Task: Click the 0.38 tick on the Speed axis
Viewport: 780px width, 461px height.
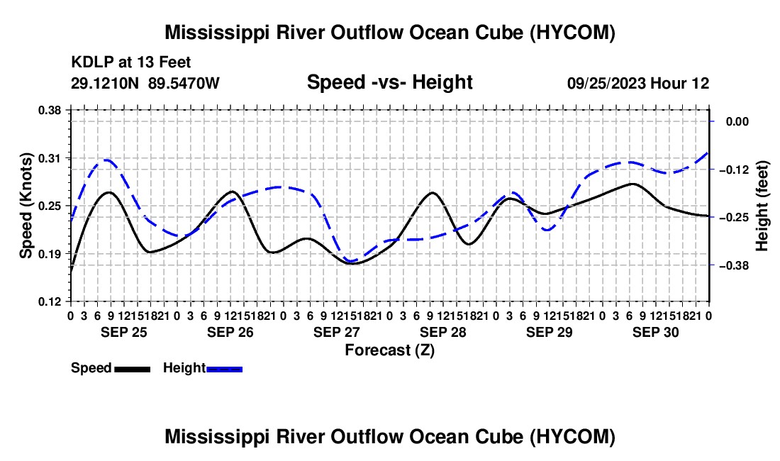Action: click(x=49, y=110)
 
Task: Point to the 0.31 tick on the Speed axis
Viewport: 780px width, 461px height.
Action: click(x=49, y=158)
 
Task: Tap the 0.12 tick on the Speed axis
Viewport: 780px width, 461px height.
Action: click(x=49, y=301)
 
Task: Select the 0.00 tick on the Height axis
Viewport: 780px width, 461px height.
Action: click(x=737, y=122)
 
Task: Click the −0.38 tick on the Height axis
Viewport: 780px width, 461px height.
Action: click(x=734, y=265)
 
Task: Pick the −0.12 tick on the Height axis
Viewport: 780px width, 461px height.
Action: click(x=734, y=170)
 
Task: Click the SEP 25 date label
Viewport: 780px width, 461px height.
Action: click(x=124, y=332)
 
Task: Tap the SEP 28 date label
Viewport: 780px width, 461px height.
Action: click(x=442, y=332)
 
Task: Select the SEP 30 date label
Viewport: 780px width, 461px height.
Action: click(x=656, y=332)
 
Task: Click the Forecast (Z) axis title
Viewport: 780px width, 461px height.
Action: click(x=390, y=350)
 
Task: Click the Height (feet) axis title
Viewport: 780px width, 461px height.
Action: click(x=762, y=206)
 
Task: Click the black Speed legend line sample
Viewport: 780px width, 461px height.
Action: click(x=133, y=370)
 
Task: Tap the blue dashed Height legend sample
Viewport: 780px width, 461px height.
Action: click(x=224, y=370)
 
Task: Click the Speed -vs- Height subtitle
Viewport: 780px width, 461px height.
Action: click(x=389, y=82)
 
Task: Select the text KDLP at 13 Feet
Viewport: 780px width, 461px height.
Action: click(x=131, y=62)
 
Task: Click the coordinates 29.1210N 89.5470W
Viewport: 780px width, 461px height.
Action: click(x=145, y=83)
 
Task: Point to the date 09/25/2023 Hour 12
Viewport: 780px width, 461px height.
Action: click(x=638, y=83)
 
